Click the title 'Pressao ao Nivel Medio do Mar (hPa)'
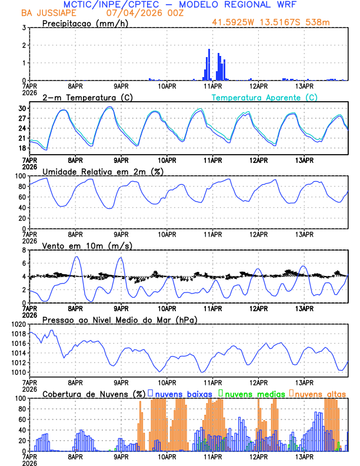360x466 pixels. click(119, 319)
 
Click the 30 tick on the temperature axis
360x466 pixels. click(20, 108)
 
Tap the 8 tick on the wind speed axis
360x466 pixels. click(22, 250)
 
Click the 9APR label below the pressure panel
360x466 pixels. click(121, 382)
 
